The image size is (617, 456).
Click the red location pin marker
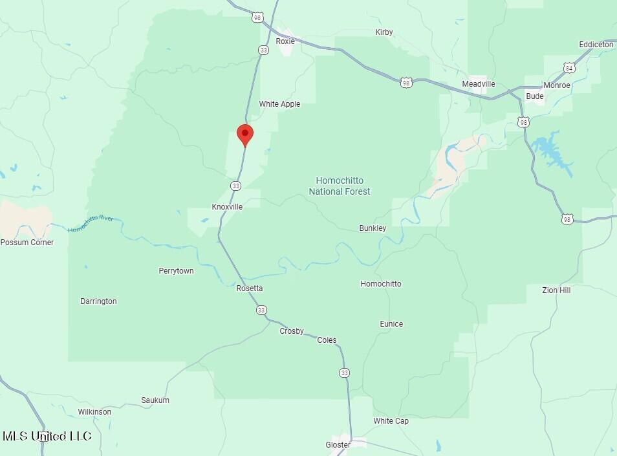coord(245,135)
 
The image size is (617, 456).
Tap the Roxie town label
coord(285,41)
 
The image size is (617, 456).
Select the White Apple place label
coord(279,104)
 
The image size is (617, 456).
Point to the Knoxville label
coord(227,207)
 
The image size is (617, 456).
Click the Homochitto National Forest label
coord(340,186)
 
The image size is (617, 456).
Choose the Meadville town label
coord(479,84)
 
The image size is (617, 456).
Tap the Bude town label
coord(535,96)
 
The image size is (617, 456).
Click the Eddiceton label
coord(596,45)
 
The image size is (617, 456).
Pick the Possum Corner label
coord(27,243)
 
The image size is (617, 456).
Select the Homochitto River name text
coord(91,223)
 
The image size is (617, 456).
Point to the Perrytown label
coord(176,271)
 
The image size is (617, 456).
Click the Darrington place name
coord(98,301)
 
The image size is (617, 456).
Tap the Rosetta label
coord(250,288)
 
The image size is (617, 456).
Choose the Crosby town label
coord(292,331)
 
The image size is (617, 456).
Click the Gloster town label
coord(338,445)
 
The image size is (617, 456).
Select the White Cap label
coord(391,421)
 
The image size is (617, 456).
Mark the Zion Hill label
coord(556,290)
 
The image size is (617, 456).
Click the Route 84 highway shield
coord(568,68)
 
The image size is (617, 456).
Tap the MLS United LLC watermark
coord(47,436)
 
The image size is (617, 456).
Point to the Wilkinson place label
coord(94,412)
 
